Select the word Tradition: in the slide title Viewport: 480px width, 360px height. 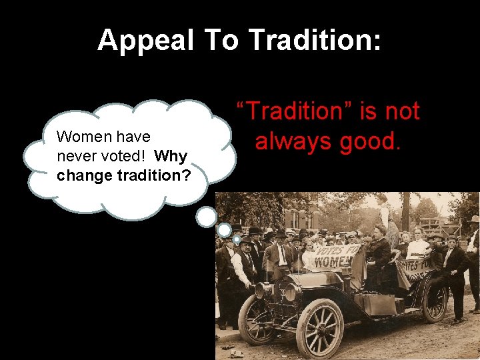pyautogui.click(x=315, y=41)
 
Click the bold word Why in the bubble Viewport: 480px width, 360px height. pyautogui.click(x=172, y=157)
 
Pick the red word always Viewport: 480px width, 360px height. pyautogui.click(x=292, y=141)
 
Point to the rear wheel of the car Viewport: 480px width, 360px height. pyautogui.click(x=435, y=301)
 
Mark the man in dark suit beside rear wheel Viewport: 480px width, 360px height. pyautogui.click(x=456, y=273)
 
